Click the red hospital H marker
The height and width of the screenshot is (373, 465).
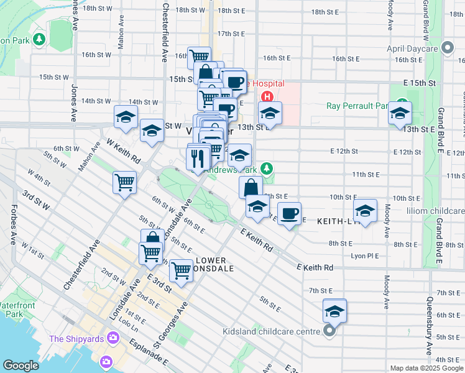(267, 96)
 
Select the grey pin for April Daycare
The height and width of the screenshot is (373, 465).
(448, 48)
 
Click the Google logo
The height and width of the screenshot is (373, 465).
(21, 366)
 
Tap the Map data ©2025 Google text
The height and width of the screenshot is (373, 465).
(426, 368)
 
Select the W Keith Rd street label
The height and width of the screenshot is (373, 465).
(124, 150)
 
